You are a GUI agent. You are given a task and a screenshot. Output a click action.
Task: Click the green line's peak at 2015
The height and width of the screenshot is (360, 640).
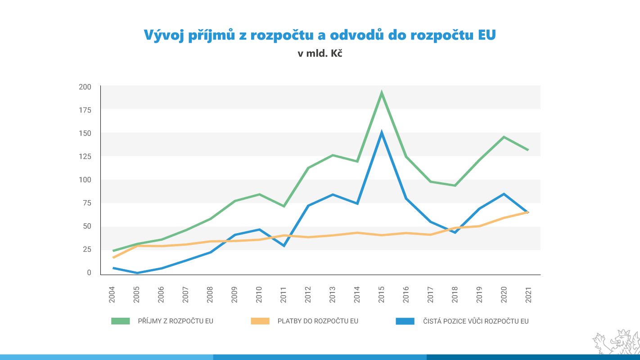(382, 94)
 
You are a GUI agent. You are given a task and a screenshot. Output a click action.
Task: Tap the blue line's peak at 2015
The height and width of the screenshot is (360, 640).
(382, 133)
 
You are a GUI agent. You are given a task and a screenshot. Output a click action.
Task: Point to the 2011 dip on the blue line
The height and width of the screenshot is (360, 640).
(284, 246)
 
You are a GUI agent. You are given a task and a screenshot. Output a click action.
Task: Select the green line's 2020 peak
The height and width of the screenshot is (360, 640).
(504, 137)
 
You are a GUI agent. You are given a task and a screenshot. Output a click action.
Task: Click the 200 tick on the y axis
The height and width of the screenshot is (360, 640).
(85, 86)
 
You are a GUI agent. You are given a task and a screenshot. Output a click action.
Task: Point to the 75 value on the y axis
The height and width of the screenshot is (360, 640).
(87, 202)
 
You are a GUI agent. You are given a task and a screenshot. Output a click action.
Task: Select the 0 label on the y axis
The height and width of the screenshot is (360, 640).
(89, 272)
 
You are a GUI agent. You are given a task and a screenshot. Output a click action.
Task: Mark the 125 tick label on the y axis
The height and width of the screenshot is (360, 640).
(85, 156)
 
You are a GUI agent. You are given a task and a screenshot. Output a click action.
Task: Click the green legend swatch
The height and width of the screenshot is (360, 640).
(120, 321)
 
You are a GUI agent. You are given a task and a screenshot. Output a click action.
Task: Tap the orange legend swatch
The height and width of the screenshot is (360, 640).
(260, 321)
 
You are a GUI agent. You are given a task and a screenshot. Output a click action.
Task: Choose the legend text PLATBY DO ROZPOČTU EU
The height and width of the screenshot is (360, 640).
(318, 321)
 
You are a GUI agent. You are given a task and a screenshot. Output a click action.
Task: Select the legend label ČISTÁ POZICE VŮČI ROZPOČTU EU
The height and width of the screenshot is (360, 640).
(476, 321)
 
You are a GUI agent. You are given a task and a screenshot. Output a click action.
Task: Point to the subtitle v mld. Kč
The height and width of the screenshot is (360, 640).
(320, 53)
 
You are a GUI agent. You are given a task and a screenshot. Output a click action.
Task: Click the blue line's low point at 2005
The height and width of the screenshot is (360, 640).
(137, 273)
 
